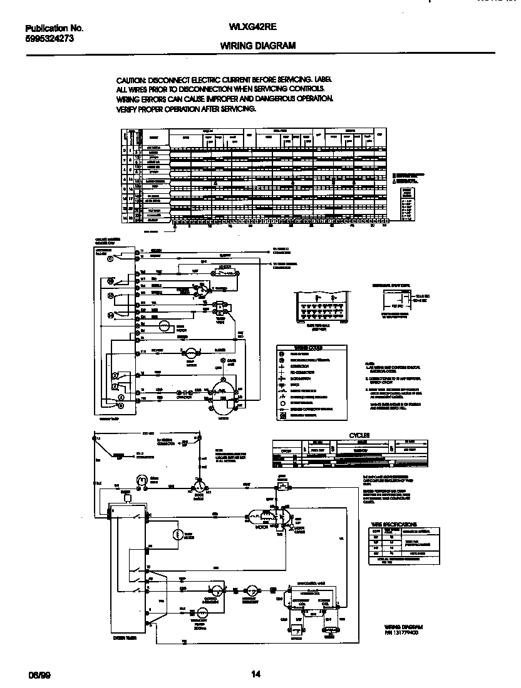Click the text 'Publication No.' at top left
pos(54,28)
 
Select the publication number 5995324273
pos(50,38)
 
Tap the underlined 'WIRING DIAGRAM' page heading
pos(259,46)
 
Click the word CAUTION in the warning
pos(131,81)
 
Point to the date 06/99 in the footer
pos(38,675)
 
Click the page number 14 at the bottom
pos(255,674)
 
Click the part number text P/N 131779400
pos(401,632)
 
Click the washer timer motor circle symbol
pos(164,325)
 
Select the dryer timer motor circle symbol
pos(177,534)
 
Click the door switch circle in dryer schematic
pos(198,485)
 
